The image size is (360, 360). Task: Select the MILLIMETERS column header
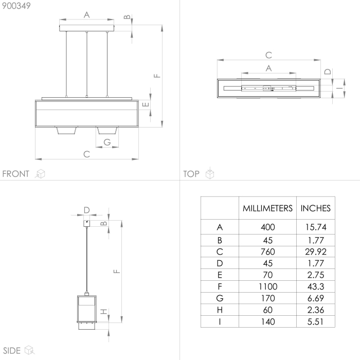[267, 208]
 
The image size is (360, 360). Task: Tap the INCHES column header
[315, 208]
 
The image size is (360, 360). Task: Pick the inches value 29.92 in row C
[315, 251]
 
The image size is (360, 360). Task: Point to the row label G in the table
[220, 298]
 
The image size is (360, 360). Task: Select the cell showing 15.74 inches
[315, 227]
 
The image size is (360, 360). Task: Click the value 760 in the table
[267, 251]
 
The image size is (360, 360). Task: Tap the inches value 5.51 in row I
[315, 322]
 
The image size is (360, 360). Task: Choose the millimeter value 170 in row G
[267, 298]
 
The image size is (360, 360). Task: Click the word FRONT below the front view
[16, 174]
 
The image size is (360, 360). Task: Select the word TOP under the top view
[191, 174]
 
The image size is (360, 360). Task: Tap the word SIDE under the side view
[11, 351]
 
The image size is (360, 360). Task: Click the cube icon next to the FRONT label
[40, 174]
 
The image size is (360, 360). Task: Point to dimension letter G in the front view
[107, 141]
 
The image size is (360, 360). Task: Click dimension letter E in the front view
[146, 104]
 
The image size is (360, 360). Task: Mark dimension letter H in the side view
[103, 312]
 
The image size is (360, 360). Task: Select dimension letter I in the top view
[338, 88]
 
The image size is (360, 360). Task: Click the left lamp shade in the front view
[66, 132]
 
